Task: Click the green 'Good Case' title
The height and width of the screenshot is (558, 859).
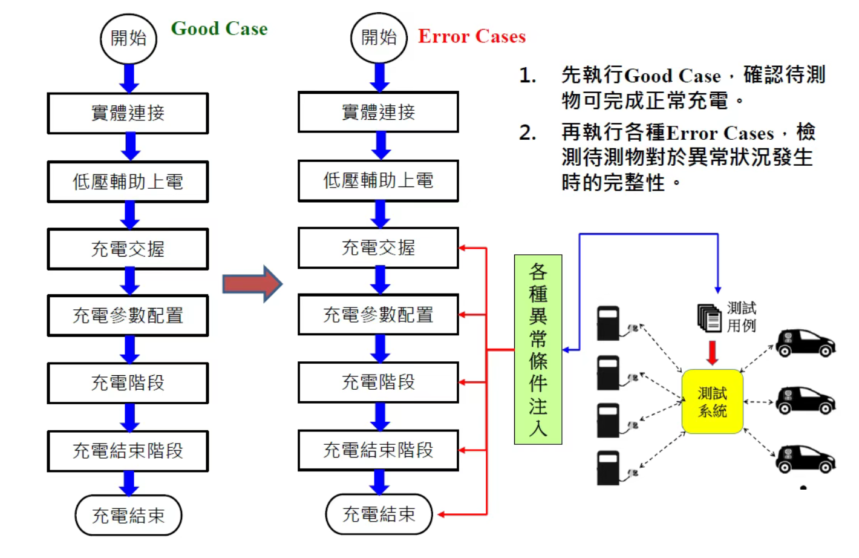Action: (x=219, y=28)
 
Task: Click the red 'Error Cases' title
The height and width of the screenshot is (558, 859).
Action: (x=471, y=36)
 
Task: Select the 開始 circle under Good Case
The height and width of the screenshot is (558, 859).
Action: (x=128, y=39)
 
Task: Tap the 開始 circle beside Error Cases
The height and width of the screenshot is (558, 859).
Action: (x=379, y=38)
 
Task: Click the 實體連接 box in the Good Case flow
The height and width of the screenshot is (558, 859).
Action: (x=128, y=113)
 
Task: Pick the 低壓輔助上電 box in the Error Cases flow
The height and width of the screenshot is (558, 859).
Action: (x=378, y=180)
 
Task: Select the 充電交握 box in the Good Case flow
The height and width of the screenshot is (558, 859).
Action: (x=128, y=249)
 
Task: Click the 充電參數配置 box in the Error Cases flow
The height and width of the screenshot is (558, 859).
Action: (x=378, y=315)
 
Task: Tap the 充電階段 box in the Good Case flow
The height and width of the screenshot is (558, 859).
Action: (x=128, y=383)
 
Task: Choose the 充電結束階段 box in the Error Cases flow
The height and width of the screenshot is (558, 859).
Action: (x=378, y=450)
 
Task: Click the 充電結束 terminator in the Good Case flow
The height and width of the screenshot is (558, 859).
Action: (x=128, y=516)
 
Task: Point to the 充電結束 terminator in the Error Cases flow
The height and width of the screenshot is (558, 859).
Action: (x=379, y=514)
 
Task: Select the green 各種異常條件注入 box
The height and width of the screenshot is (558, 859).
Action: (x=538, y=350)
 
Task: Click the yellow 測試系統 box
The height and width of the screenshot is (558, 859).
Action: (x=712, y=402)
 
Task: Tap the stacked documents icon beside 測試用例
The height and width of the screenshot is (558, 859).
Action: (x=709, y=318)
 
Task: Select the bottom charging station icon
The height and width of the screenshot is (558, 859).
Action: (x=608, y=468)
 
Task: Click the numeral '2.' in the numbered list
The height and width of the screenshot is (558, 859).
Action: (x=527, y=133)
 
